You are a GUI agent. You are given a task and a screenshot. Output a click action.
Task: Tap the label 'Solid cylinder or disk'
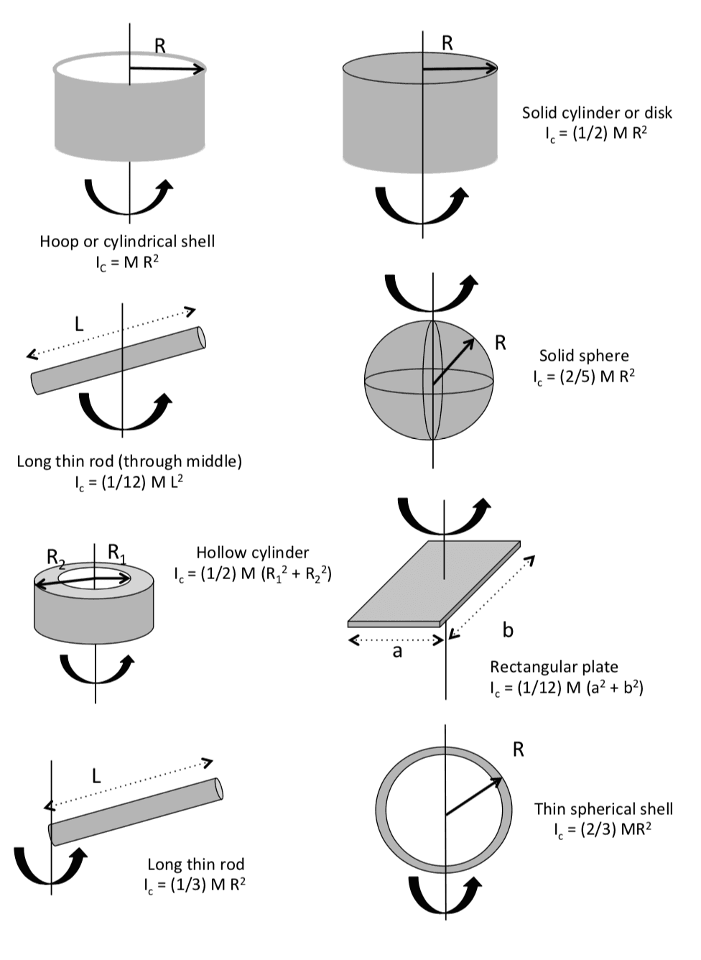click(597, 113)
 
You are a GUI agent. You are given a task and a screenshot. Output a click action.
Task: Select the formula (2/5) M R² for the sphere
click(584, 377)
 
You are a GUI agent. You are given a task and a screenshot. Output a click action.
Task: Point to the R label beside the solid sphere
click(501, 343)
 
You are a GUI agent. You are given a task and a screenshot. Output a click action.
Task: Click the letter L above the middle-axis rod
click(79, 323)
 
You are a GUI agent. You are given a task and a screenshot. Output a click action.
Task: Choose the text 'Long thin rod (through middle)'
click(129, 461)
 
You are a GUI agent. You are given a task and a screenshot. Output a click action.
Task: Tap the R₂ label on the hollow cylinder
click(55, 557)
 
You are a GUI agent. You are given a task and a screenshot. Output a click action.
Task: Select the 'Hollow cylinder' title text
click(253, 553)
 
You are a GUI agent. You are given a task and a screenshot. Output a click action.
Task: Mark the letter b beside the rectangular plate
click(508, 630)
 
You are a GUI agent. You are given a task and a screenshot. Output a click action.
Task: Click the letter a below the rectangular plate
click(397, 652)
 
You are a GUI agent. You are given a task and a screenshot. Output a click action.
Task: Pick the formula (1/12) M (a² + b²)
click(567, 688)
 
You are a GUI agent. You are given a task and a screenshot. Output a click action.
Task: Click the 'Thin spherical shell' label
click(603, 808)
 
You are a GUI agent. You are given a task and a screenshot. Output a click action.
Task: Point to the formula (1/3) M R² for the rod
click(195, 885)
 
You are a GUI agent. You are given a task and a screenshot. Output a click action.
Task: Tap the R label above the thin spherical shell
click(519, 749)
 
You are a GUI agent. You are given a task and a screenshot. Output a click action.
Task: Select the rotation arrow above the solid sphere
click(431, 292)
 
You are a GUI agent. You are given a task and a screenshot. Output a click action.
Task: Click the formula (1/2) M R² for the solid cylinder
click(596, 134)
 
